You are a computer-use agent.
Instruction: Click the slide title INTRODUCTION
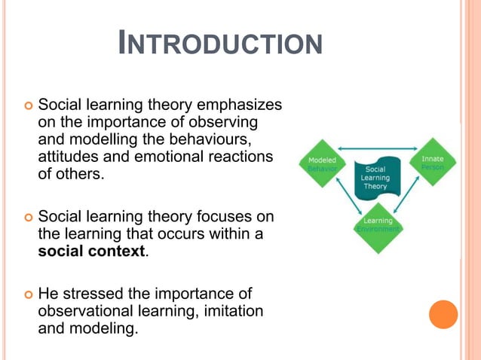(x=220, y=44)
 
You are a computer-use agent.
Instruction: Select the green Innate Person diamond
(x=432, y=163)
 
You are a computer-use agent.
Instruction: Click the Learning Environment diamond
(x=378, y=224)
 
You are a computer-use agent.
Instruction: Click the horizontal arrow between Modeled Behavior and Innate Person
(x=377, y=148)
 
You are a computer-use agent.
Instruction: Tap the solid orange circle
(x=443, y=314)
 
